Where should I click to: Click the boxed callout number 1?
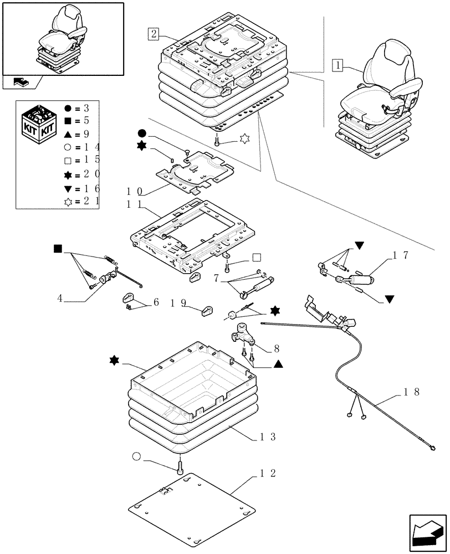coord(337,65)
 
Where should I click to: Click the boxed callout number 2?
coord(154,34)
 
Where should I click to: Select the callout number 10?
coord(135,192)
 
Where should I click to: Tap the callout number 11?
coord(135,204)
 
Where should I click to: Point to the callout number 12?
coord(268,473)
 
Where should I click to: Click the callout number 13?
coord(268,437)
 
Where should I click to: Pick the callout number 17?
coord(401,255)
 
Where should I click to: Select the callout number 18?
coord(412,392)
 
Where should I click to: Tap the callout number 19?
coord(178,303)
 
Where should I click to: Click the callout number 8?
coord(277,349)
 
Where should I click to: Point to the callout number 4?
coord(60,299)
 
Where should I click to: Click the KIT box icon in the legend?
coord(39,123)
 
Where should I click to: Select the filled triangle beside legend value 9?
coord(68,134)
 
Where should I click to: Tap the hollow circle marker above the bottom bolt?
coord(136,456)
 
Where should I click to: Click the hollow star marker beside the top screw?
coord(244,139)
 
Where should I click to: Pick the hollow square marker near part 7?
coord(257,258)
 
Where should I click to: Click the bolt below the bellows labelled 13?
coord(180,465)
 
